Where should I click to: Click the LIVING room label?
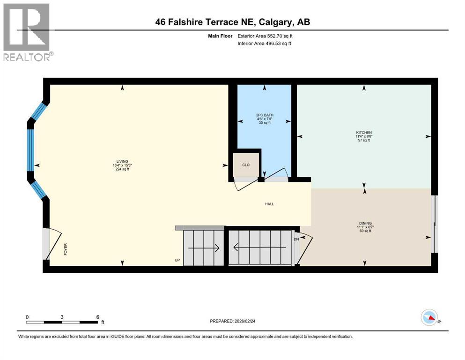(122, 161)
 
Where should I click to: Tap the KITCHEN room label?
(363, 133)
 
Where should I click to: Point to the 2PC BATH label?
(265, 115)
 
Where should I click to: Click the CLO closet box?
(246, 165)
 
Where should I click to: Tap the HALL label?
(269, 204)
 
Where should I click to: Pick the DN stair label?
(296, 240)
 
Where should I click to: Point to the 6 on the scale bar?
(97, 317)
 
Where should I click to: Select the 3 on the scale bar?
(62, 317)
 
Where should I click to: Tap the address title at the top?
(233, 22)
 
